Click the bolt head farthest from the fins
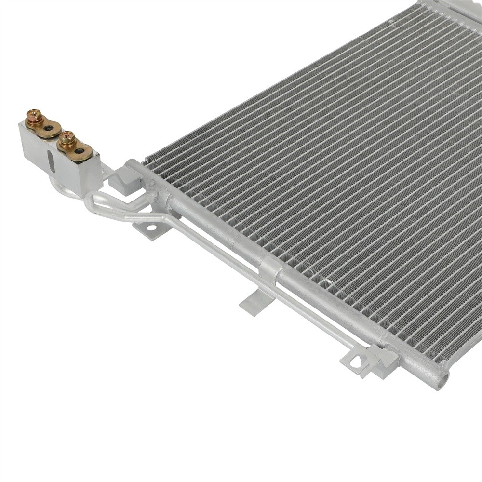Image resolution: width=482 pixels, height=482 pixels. click(x=34, y=115)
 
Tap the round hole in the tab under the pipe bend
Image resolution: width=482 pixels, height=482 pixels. click(x=151, y=227)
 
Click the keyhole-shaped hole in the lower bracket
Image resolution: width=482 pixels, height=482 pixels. click(x=357, y=361)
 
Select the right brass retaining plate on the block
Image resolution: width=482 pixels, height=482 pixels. click(x=76, y=147)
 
